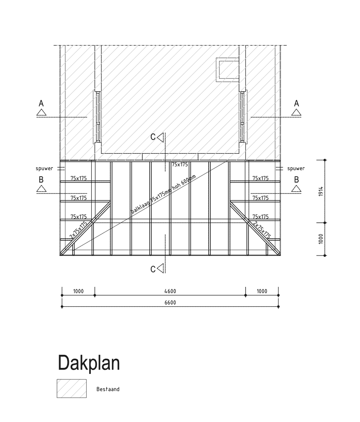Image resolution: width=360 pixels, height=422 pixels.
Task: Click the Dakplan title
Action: tap(89, 363)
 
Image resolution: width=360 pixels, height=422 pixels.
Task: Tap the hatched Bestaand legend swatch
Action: tap(72, 388)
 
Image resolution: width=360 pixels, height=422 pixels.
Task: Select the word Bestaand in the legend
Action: tap(108, 389)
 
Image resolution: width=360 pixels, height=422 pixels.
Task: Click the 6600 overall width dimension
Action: tap(170, 302)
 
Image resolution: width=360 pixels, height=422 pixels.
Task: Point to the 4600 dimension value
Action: tap(170, 291)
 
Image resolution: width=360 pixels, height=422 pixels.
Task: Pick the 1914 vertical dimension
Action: tap(321, 191)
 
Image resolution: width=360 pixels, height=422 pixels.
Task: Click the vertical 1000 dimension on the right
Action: tap(321, 239)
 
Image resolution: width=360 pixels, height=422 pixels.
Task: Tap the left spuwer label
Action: tap(44, 169)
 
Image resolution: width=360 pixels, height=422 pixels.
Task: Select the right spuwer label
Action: tap(296, 169)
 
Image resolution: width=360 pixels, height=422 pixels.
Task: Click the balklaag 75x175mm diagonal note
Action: tap(164, 194)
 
